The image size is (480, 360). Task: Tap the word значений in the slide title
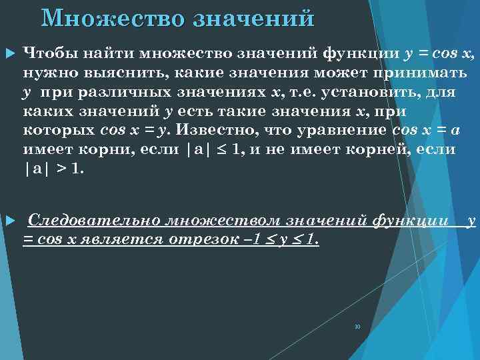(253, 18)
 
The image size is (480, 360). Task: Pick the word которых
(57, 129)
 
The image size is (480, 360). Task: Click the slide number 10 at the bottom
(357, 327)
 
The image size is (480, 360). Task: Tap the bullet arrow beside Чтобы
(9, 53)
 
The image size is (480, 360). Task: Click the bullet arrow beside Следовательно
(9, 220)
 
